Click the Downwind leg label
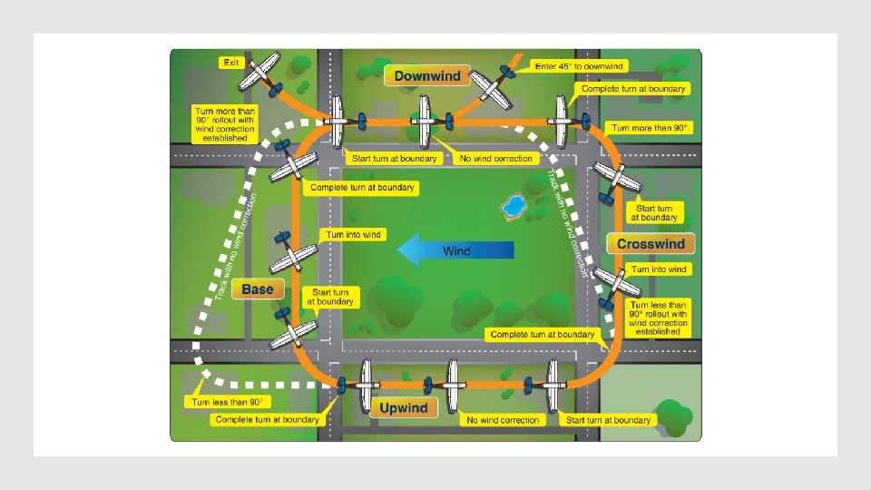click(427, 76)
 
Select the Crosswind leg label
click(651, 244)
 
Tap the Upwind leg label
click(404, 407)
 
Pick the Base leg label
click(258, 289)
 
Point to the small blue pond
click(514, 206)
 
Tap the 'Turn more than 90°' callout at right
click(651, 128)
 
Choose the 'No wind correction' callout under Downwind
click(496, 158)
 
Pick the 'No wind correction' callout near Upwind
click(503, 420)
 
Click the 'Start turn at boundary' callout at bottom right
click(608, 420)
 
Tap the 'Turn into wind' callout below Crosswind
click(660, 269)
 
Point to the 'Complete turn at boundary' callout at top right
click(633, 89)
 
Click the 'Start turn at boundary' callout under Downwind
click(395, 158)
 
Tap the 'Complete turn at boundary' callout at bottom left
click(267, 419)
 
